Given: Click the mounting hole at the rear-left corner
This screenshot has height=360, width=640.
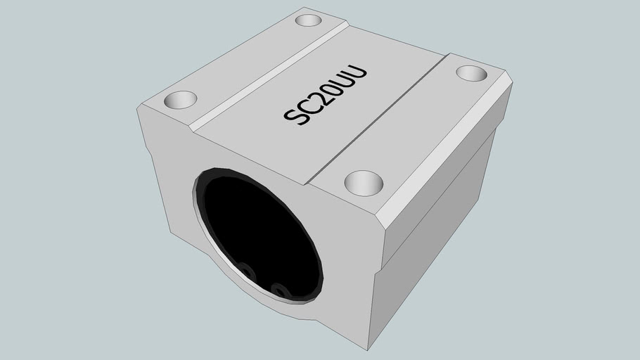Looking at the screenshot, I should pyautogui.click(x=307, y=20).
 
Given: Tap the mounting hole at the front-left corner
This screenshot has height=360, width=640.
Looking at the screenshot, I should pyautogui.click(x=180, y=99).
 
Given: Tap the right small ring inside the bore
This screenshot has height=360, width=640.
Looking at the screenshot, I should pyautogui.click(x=279, y=290).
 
